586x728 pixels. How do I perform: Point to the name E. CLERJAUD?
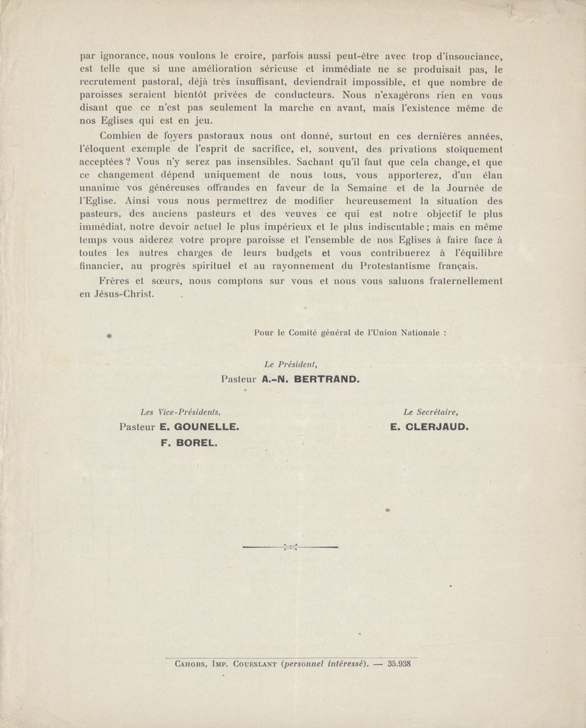tap(428, 427)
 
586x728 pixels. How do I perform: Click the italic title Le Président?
tap(287, 364)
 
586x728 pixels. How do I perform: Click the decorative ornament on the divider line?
tap(291, 547)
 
